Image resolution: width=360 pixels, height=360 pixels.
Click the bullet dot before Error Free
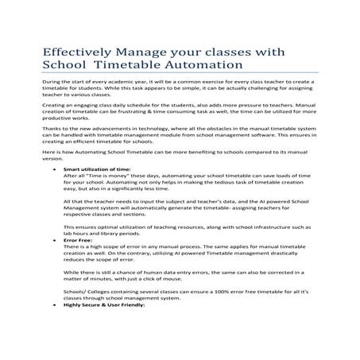[x=52, y=261]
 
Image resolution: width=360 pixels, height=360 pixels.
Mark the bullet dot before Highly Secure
[x=52, y=327]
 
